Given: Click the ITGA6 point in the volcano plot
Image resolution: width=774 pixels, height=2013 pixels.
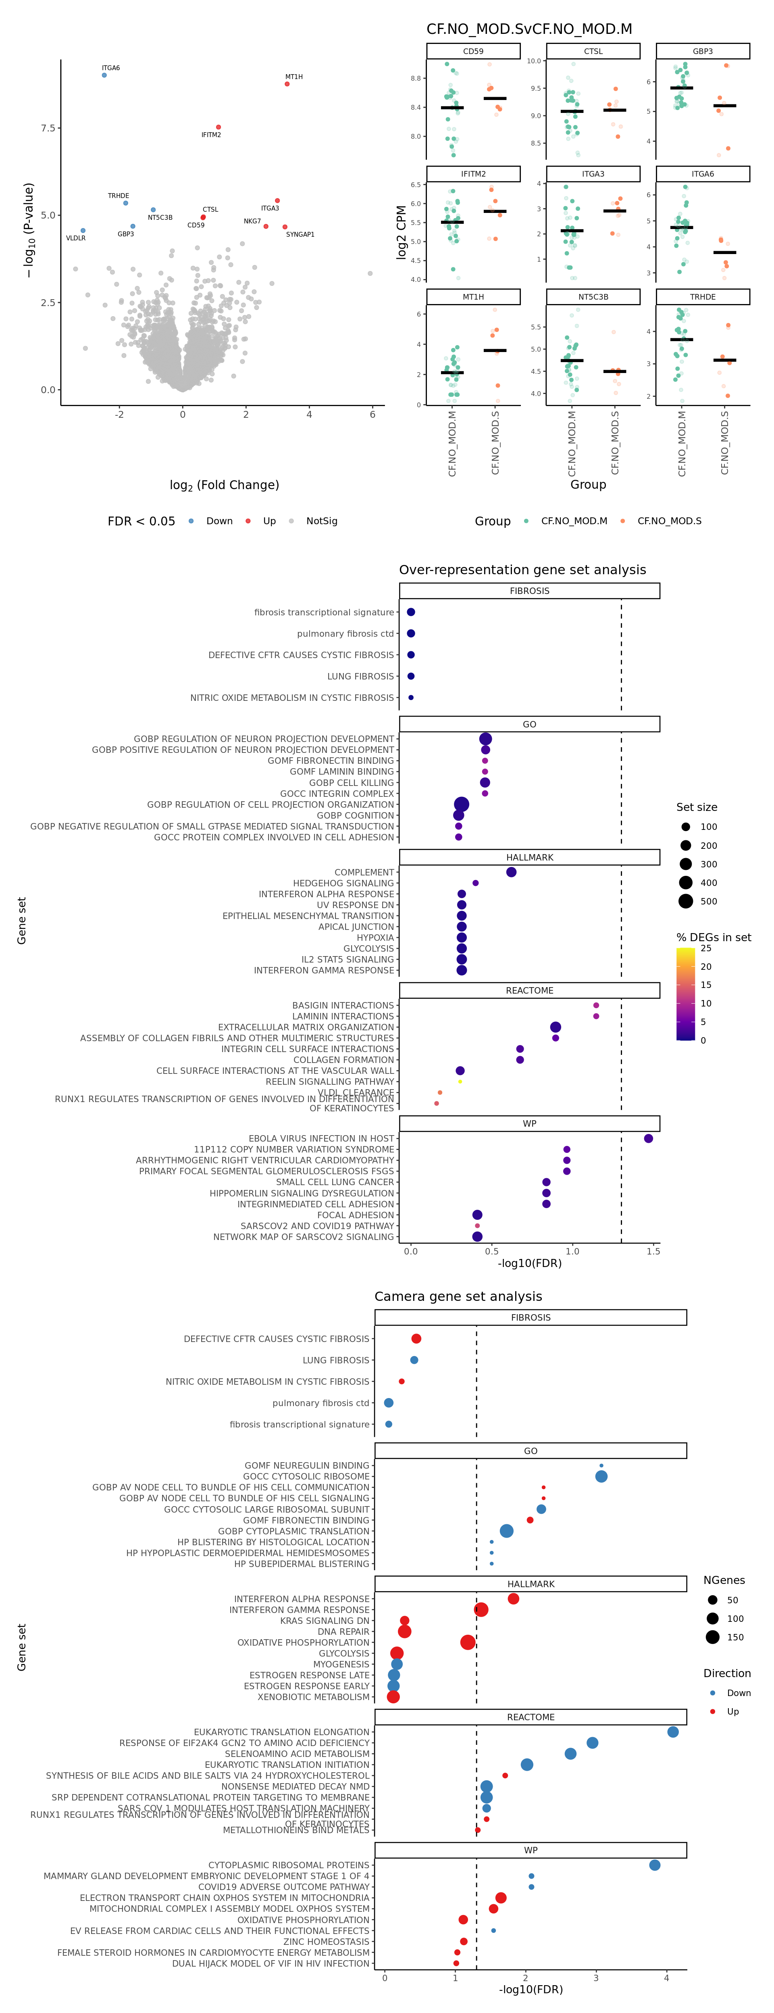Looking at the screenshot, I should [104, 75].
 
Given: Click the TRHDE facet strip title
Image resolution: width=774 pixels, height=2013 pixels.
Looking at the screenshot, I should [702, 297].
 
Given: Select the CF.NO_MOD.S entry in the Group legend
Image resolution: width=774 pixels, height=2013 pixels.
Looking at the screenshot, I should [668, 521].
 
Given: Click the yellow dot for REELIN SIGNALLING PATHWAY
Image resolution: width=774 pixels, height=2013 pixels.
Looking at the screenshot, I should [460, 1082].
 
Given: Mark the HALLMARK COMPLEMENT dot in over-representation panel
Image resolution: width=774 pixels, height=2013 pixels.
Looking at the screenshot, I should [511, 872].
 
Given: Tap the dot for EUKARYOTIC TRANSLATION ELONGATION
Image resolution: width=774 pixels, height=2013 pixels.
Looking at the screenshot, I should [672, 1732].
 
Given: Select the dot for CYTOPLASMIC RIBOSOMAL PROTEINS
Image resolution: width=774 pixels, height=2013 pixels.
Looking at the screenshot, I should [655, 1865].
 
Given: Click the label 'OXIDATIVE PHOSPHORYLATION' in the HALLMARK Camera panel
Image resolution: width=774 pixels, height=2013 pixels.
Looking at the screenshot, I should [303, 1642].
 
